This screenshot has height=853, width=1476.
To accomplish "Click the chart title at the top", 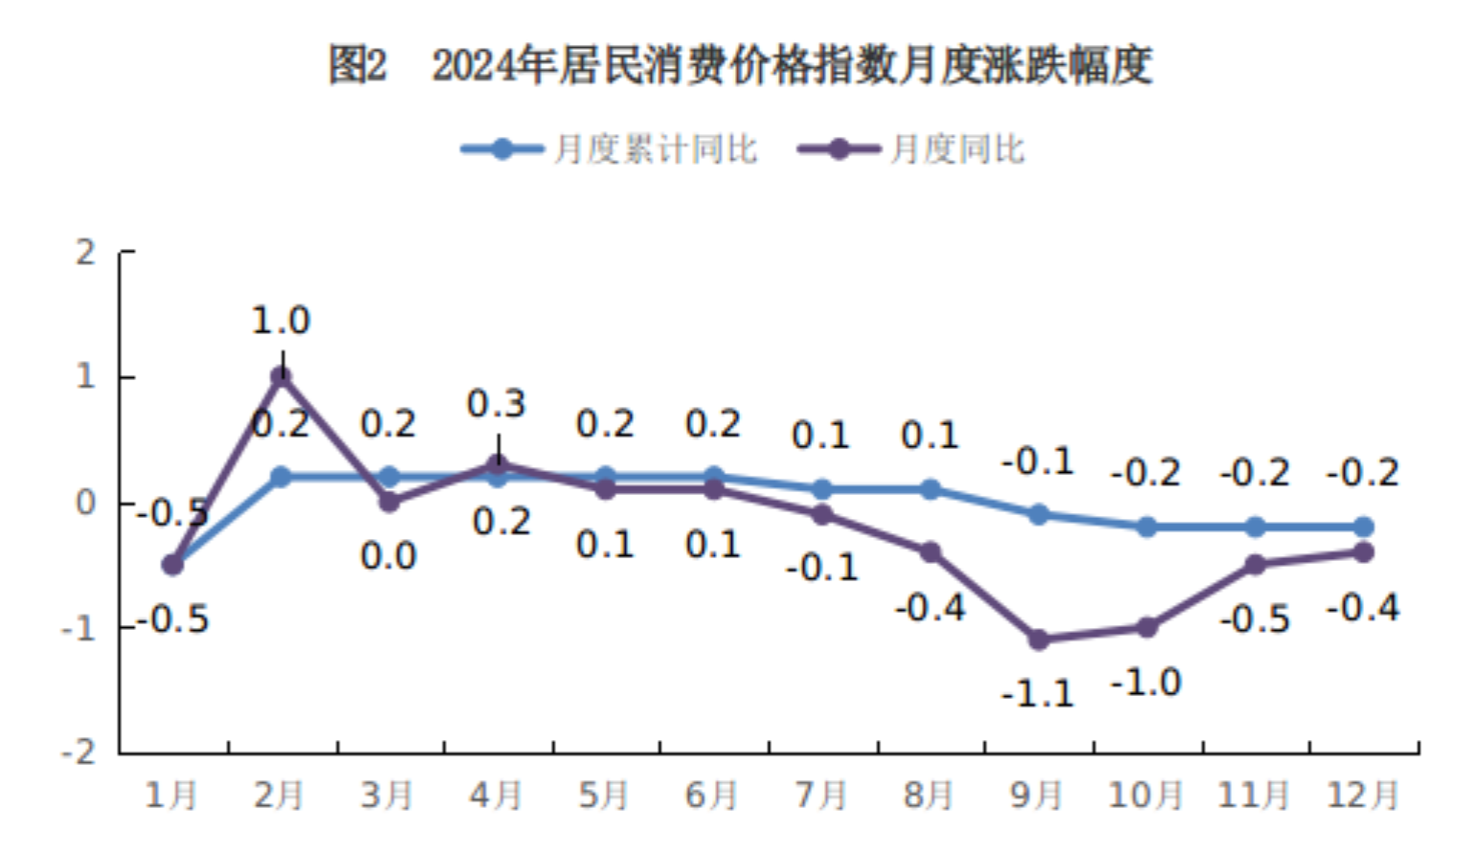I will click(740, 65).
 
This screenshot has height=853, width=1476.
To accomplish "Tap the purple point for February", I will click(280, 376).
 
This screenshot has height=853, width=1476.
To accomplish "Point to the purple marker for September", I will click(1039, 640).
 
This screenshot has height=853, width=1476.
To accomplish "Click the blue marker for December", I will click(1363, 527).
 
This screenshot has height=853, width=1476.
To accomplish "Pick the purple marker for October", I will click(1147, 627).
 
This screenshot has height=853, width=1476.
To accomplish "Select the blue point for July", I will click(821, 489).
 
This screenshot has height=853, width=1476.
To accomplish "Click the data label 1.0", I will click(280, 321).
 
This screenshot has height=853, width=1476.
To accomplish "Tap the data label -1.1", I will click(1039, 693).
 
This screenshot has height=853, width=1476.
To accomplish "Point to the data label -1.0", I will click(1146, 683).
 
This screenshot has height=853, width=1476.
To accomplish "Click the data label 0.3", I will click(496, 404).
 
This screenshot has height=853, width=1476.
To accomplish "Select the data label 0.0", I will click(388, 556).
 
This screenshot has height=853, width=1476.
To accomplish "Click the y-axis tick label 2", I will click(86, 253).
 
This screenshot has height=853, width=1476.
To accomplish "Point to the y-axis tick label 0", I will click(86, 503).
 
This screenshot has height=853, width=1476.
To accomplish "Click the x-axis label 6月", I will click(711, 795).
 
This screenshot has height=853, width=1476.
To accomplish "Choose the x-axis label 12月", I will click(1362, 795).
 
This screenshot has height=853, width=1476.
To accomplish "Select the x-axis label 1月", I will click(170, 795).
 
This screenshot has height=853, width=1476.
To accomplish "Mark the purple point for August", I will click(929, 552).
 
